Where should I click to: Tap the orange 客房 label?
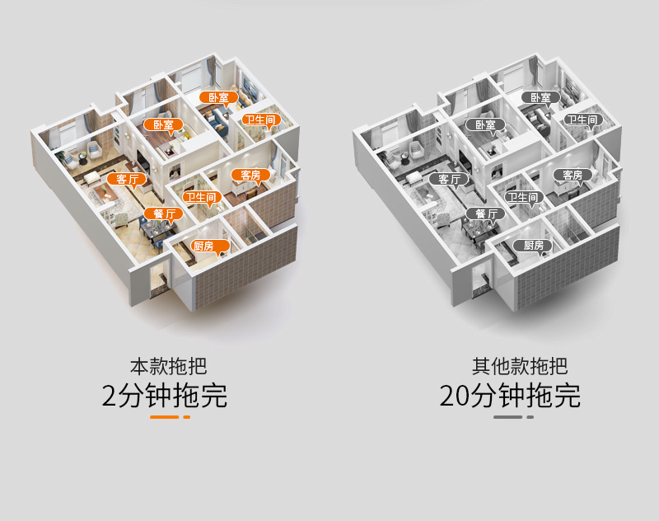(x=246, y=175)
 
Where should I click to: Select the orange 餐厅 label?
(x=163, y=214)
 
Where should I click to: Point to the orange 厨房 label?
(x=203, y=246)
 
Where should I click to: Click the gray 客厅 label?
(x=448, y=178)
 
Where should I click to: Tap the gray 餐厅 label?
(x=484, y=214)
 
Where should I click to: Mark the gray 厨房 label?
(x=528, y=246)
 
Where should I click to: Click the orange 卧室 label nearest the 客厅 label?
(x=163, y=125)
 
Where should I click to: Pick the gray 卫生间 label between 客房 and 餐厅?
(x=523, y=197)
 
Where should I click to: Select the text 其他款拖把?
(x=508, y=366)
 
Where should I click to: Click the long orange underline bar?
(x=164, y=417)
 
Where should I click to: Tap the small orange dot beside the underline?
(x=187, y=417)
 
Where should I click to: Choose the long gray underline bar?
(x=507, y=417)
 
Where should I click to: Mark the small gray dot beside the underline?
(x=530, y=417)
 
